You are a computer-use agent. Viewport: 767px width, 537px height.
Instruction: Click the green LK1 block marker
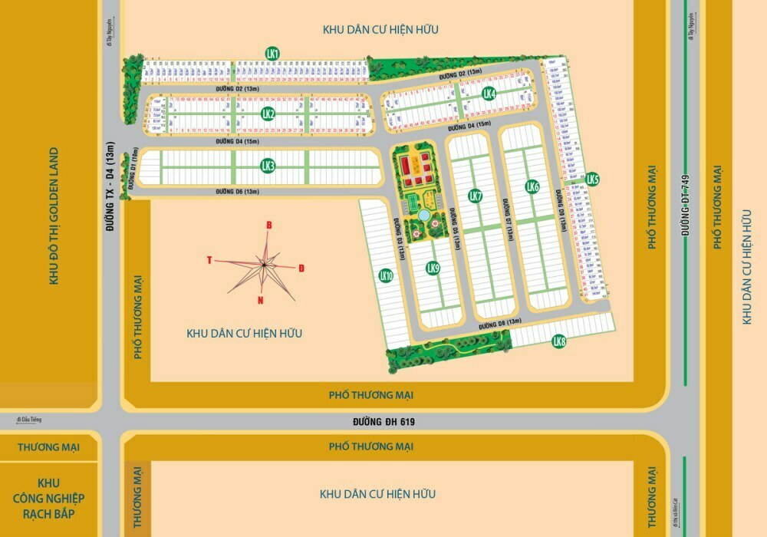272,53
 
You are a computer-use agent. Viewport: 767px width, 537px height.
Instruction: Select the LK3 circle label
268,165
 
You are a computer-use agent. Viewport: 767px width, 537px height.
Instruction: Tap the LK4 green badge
489,94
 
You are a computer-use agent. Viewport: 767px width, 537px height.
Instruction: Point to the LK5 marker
591,180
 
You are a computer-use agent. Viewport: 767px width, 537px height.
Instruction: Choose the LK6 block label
532,186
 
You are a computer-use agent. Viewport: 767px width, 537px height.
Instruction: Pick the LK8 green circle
558,341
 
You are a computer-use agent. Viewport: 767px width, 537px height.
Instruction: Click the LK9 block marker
433,268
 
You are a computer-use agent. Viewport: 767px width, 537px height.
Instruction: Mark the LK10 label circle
386,276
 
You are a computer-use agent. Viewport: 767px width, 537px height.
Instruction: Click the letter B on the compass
268,225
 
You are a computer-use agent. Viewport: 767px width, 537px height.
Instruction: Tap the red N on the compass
261,300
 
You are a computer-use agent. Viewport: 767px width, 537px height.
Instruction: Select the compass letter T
209,260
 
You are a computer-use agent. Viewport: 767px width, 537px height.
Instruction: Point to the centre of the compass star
264,264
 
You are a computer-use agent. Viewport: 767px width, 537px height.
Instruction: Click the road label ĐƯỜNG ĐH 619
383,421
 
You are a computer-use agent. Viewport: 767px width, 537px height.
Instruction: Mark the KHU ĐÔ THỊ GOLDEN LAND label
54,216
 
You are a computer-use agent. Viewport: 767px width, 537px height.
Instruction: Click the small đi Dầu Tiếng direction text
28,419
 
